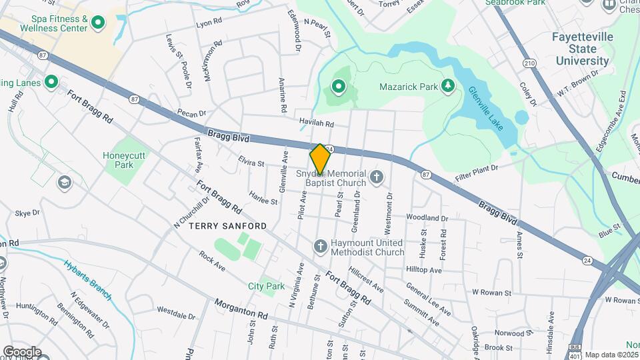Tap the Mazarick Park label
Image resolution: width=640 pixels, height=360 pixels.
(x=407, y=86)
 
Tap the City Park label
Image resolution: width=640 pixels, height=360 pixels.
(x=266, y=286)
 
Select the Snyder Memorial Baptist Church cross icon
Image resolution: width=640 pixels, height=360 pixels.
(x=377, y=177)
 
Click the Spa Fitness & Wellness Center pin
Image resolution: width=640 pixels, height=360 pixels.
(x=98, y=23)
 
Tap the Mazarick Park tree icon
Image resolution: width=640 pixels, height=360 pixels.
(x=449, y=85)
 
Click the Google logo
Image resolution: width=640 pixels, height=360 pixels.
(x=22, y=351)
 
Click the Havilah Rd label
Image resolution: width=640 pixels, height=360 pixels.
(x=317, y=124)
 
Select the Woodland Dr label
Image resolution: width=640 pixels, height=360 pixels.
(x=427, y=218)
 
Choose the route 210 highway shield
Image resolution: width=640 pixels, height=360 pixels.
(x=529, y=63)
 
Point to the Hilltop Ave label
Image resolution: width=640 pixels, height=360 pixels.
(x=423, y=271)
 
